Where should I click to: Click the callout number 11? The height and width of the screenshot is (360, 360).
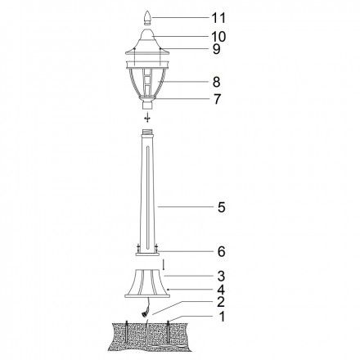point(218,18)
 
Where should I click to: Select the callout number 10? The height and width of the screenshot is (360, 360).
point(218,37)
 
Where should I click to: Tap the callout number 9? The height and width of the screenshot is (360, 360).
point(217,49)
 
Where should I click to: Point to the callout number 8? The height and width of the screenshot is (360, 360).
point(217,82)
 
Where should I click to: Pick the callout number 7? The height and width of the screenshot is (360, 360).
point(217,99)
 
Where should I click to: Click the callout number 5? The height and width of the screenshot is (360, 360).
point(222,207)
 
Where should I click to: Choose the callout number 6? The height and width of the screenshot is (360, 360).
point(222,251)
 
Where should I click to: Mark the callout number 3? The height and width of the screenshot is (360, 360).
point(221,276)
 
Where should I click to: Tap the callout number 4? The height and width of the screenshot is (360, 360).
point(221,290)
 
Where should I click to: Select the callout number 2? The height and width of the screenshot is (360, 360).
point(221,302)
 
